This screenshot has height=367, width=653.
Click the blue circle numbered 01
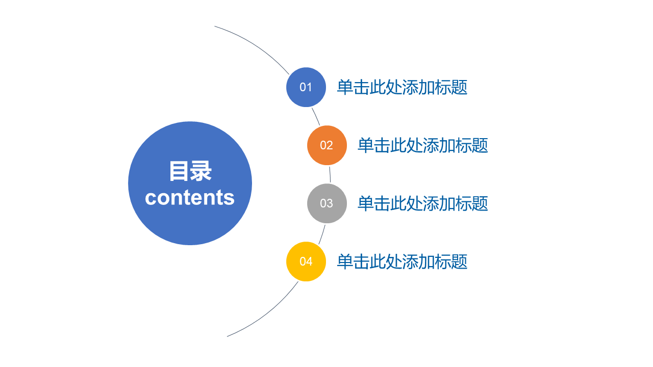click(x=306, y=87)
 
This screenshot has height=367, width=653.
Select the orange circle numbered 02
click(x=327, y=145)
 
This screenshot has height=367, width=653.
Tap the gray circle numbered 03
click(x=327, y=203)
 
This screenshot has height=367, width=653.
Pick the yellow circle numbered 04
click(x=306, y=261)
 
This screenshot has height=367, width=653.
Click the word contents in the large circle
click(x=190, y=197)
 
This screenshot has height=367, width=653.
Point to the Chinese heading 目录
click(x=190, y=171)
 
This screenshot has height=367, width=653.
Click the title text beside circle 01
click(x=402, y=87)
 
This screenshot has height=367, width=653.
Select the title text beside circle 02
click(x=423, y=145)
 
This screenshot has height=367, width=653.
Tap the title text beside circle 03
click(x=423, y=203)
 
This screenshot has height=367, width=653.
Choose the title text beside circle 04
click(x=402, y=261)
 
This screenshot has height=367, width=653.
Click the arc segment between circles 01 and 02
click(x=316, y=117)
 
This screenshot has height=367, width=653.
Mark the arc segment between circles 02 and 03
click(x=330, y=174)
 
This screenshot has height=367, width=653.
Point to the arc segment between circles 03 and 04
click(x=322, y=234)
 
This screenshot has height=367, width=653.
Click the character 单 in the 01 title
click(x=345, y=87)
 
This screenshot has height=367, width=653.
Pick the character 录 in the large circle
click(x=201, y=171)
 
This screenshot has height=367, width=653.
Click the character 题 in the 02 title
click(x=480, y=145)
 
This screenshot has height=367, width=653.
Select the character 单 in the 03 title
click(x=366, y=203)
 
